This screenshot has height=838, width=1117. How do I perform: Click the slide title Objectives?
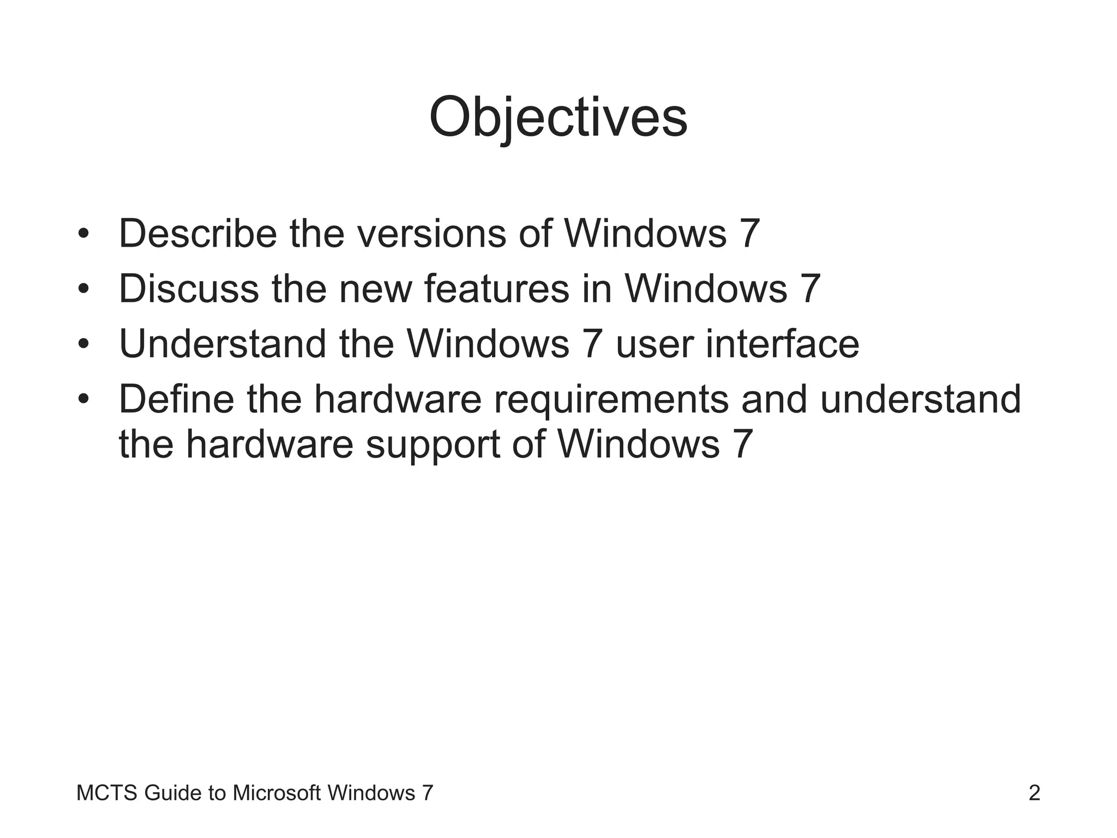pyautogui.click(x=558, y=118)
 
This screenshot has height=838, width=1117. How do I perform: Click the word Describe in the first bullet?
pyautogui.click(x=198, y=234)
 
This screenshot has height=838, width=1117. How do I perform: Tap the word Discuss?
pyautogui.click(x=189, y=289)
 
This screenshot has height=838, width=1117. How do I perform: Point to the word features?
pyautogui.click(x=496, y=289)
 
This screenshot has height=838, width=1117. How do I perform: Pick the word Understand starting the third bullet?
pyautogui.click(x=223, y=344)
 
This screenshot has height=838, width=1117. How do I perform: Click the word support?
pyautogui.click(x=433, y=444)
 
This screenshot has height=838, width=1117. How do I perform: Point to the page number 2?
pyautogui.click(x=1034, y=793)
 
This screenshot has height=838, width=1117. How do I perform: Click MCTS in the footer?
pyautogui.click(x=107, y=793)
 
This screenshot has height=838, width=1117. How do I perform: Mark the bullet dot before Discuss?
pyautogui.click(x=83, y=290)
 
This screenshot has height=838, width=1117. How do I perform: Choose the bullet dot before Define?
pyautogui.click(x=83, y=400)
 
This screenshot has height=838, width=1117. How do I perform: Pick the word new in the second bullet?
pyautogui.click(x=375, y=290)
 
